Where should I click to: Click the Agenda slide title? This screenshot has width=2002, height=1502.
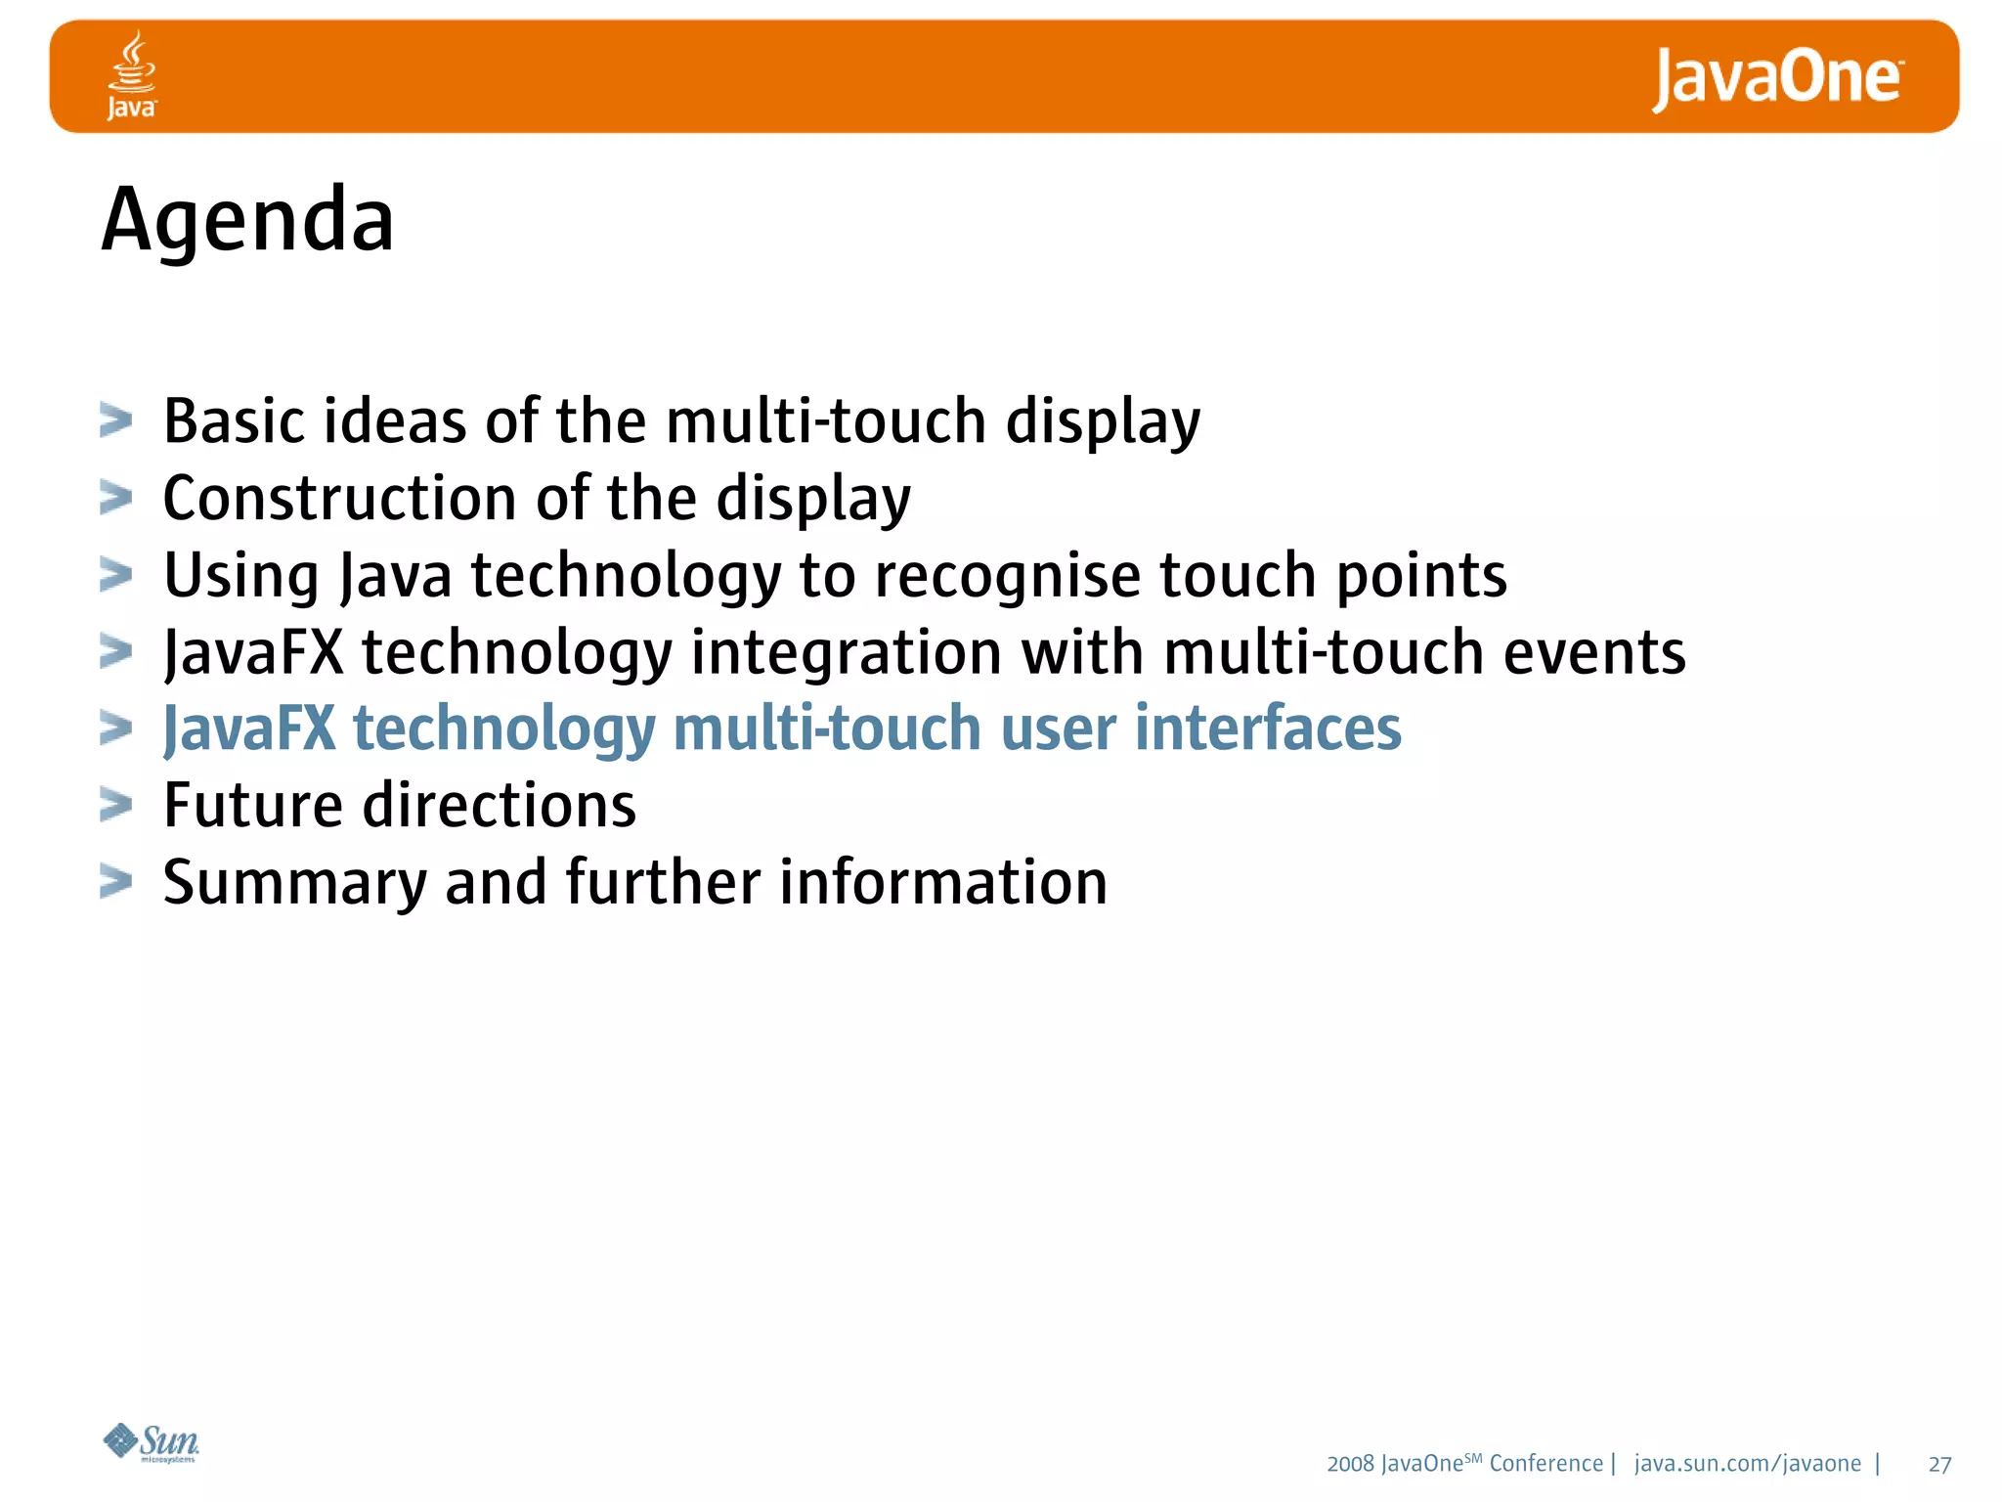click(x=247, y=220)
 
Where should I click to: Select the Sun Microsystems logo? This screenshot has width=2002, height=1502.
click(x=152, y=1442)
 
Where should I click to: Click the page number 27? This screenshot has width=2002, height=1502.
click(x=1939, y=1464)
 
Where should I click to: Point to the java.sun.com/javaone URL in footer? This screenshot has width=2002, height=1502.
click(x=1747, y=1463)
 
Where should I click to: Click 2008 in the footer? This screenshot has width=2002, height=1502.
click(x=1350, y=1464)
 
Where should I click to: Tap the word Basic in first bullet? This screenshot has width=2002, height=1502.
click(x=234, y=421)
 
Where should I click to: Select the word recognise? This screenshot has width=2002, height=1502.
click(x=1007, y=575)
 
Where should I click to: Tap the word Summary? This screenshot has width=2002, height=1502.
click(x=294, y=883)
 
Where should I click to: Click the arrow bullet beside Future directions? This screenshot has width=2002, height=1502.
click(x=115, y=805)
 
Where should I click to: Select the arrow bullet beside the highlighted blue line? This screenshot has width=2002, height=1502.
click(x=115, y=729)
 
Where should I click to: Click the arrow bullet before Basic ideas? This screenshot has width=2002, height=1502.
click(x=115, y=421)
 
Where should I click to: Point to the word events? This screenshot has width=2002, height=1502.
click(x=1593, y=652)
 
